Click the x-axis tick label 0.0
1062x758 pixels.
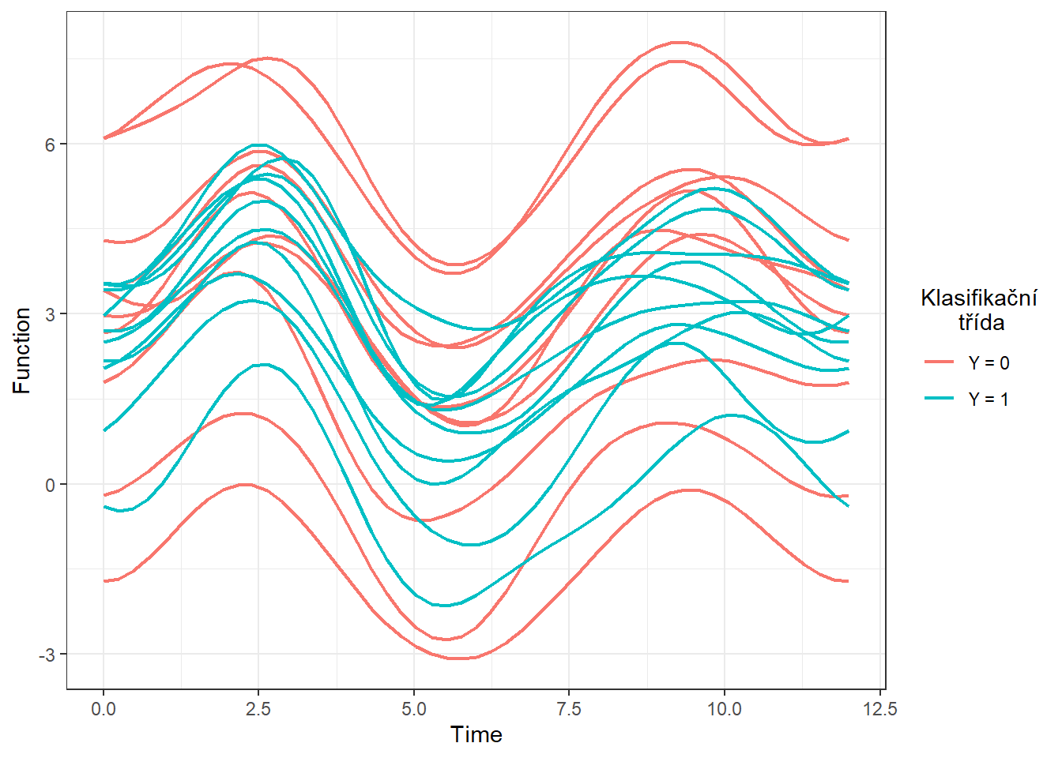pyautogui.click(x=104, y=709)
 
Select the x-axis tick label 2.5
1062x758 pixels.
pyautogui.click(x=258, y=709)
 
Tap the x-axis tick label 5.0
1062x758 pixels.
pyautogui.click(x=414, y=709)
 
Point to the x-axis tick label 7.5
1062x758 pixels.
pyautogui.click(x=569, y=709)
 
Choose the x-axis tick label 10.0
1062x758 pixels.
pyautogui.click(x=724, y=709)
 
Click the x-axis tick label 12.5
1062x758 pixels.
pyautogui.click(x=879, y=709)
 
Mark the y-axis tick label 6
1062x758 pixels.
pyautogui.click(x=51, y=144)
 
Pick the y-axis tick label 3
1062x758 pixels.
pyautogui.click(x=51, y=314)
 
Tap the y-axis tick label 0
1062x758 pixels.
pyautogui.click(x=51, y=485)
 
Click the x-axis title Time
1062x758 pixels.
pyautogui.click(x=476, y=735)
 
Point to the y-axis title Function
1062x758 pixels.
pyautogui.click(x=22, y=351)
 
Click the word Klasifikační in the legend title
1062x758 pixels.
pyautogui.click(x=979, y=298)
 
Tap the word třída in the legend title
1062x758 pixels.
pyautogui.click(x=981, y=322)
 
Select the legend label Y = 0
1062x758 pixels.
pyautogui.click(x=989, y=363)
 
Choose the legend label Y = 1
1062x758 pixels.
pyautogui.click(x=989, y=400)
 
